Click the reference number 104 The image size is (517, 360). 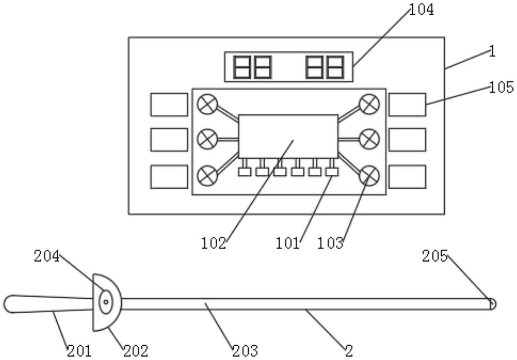coord(422,10)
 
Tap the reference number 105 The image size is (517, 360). coord(501,87)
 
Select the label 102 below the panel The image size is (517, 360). coord(213,243)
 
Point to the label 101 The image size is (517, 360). coord(287,243)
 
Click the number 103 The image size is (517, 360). coord(330,243)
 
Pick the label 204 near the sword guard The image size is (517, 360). coord(47,256)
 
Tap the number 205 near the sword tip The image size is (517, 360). coord(435,256)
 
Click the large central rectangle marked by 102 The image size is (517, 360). coord(289,136)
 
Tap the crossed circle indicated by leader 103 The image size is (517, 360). coord(369,176)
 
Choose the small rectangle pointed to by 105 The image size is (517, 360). coord(408,105)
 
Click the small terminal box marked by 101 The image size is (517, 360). coord(332,172)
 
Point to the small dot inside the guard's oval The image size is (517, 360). coord(106,302)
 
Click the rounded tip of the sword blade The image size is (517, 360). coord(492,304)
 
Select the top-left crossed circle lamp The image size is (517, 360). coord(207,104)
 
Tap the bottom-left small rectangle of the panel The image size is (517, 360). coord(169,177)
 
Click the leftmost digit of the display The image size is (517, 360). coord(242,67)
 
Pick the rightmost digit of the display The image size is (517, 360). coord(335,67)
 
